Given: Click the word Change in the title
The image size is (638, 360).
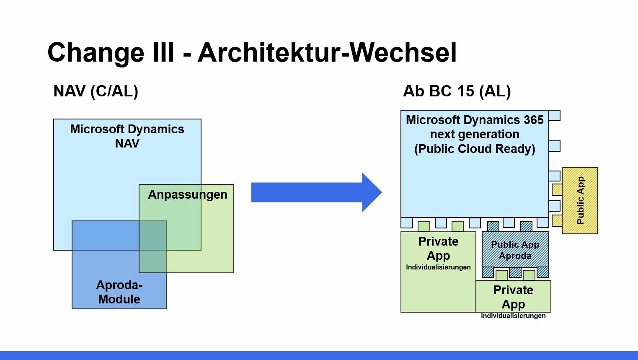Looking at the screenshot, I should tap(96, 53).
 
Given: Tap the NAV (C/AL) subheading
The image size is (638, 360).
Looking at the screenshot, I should tap(96, 91).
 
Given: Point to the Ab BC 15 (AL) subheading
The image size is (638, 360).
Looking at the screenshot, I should tap(457, 91).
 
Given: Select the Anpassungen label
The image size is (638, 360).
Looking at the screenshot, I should tap(187, 194).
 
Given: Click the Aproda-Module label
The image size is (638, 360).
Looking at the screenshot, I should tap(119, 292).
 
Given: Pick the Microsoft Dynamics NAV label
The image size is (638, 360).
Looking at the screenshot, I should tap(127, 136).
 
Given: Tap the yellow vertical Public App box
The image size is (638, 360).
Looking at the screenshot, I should tap(580, 200).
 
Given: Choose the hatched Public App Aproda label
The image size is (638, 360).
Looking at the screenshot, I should tap(515, 250).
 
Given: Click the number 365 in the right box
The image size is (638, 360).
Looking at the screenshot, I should tap(533, 120).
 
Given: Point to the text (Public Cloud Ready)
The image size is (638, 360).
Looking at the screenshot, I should tap(475, 149).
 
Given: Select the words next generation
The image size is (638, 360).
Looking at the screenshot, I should tap(475, 134).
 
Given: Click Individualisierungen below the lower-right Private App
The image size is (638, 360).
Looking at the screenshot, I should tap(513, 316).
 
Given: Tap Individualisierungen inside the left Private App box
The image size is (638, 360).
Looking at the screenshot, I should tap(438, 267).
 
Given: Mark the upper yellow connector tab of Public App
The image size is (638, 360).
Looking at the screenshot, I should tap(557, 189).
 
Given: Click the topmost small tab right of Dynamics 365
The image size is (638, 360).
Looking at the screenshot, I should tap(554, 115).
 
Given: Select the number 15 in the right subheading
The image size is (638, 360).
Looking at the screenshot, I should tap(466, 91).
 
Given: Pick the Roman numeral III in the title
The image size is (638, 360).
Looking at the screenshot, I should tap(163, 53).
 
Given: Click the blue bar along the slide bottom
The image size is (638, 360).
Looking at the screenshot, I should tap(319, 355).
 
